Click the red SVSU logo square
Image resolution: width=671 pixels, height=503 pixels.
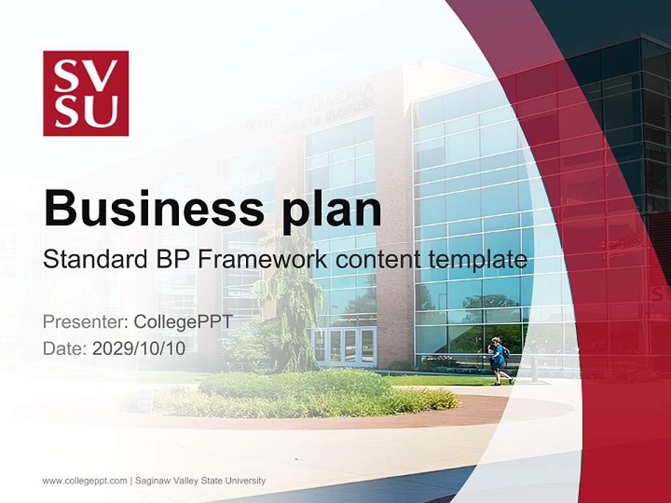tap(86, 93)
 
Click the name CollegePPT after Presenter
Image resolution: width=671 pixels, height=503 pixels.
tap(183, 322)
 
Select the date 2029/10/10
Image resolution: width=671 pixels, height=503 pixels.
tap(139, 349)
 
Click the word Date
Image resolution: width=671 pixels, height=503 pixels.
tap(64, 349)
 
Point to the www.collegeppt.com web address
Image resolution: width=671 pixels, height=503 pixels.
tap(85, 481)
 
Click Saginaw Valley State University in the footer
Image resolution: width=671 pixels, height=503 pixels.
tap(201, 481)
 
